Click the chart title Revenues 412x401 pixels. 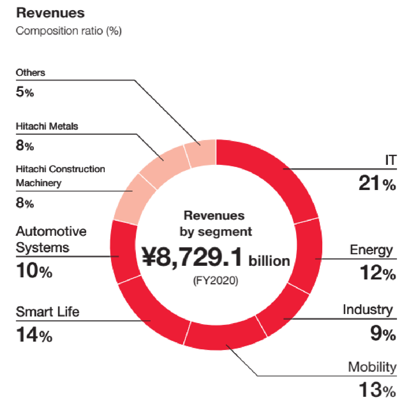pyautogui.click(x=50, y=13)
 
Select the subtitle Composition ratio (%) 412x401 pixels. pyautogui.click(x=68, y=31)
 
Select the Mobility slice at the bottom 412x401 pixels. pyautogui.click(x=225, y=335)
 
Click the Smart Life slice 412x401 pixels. pyautogui.click(x=154, y=314)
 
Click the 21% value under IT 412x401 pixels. pyautogui.click(x=377, y=183)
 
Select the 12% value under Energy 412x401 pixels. pyautogui.click(x=378, y=273)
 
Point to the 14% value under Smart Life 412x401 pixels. pyautogui.click(x=34, y=335)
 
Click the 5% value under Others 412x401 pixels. pyautogui.click(x=25, y=92)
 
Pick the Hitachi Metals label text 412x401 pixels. pyautogui.click(x=47, y=126)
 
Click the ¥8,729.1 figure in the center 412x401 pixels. pyautogui.click(x=192, y=257)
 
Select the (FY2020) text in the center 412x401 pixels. pyautogui.click(x=215, y=280)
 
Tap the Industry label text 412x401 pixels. pyautogui.click(x=367, y=310)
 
